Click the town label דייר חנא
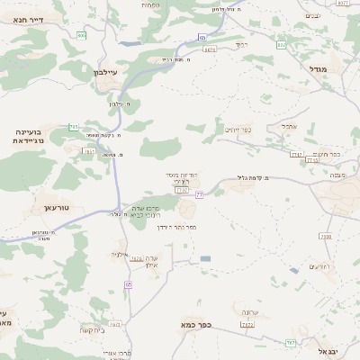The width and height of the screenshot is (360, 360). click(30, 19)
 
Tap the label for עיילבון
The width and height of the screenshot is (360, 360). click(106, 72)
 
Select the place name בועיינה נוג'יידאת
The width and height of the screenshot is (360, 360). click(31, 136)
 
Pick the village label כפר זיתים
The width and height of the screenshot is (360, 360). click(238, 129)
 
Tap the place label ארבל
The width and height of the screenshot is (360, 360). click(289, 126)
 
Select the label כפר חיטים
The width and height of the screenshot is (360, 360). click(328, 154)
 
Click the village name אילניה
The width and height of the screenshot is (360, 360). click(121, 255)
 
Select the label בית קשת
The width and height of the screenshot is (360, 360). click(93, 329)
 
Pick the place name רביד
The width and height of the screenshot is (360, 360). click(240, 44)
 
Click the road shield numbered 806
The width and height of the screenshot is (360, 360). click(82, 36)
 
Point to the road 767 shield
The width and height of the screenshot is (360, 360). click(290, 342)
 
